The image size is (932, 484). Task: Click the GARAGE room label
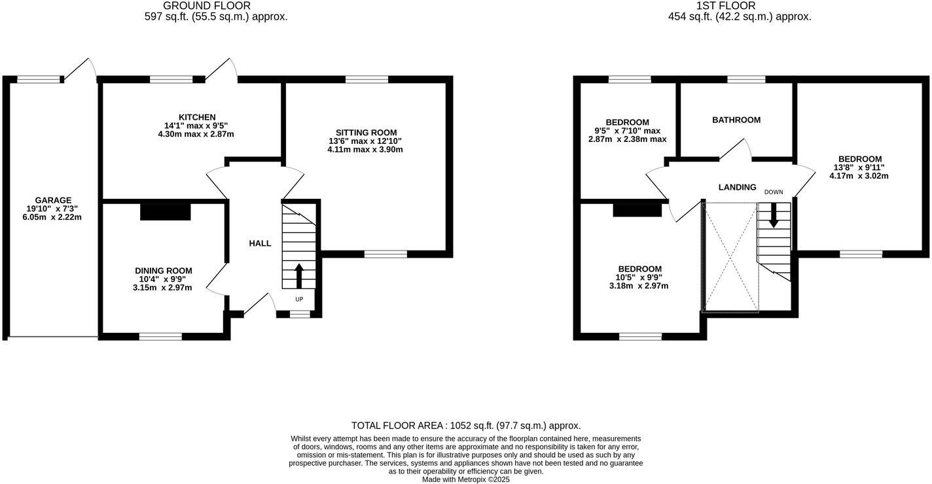(53, 200)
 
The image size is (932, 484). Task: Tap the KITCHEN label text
(197, 117)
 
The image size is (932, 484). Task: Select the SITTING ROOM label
(366, 133)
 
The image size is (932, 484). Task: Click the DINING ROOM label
(163, 271)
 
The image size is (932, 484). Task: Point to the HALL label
(260, 243)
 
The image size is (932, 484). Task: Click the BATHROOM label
(736, 120)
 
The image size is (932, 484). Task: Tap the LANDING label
(737, 188)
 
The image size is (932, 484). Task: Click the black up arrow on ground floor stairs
(299, 275)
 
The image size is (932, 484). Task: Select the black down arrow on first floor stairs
(774, 215)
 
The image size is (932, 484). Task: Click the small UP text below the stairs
(299, 300)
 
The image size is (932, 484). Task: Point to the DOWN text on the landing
(774, 192)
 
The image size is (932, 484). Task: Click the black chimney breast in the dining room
(165, 211)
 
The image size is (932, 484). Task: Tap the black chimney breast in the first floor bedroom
(637, 210)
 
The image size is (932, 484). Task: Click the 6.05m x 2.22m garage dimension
(52, 217)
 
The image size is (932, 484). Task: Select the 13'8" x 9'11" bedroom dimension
(860, 167)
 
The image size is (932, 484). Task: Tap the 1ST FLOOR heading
(739, 6)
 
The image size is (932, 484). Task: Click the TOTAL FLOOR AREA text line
(465, 426)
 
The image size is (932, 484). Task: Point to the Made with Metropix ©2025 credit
(465, 479)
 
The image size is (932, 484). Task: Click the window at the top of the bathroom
(746, 79)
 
